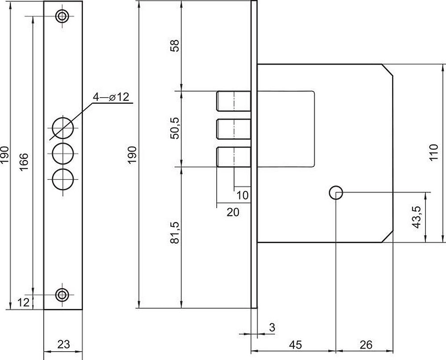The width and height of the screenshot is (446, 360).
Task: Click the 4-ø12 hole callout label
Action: pyautogui.click(x=111, y=97)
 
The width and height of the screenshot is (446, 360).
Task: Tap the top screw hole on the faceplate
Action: pyautogui.click(x=62, y=16)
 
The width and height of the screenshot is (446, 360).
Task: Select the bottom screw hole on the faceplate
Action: pyautogui.click(x=62, y=295)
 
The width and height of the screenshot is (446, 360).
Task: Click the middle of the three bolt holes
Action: pyautogui.click(x=62, y=154)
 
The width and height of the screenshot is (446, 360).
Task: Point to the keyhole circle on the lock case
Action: pyautogui.click(x=336, y=193)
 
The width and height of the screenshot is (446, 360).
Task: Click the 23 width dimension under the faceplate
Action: pyautogui.click(x=63, y=344)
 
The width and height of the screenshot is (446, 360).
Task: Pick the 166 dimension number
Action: pyautogui.click(x=24, y=162)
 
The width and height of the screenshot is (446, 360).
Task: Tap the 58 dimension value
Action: pyautogui.click(x=175, y=45)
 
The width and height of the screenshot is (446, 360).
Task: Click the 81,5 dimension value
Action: pyautogui.click(x=175, y=233)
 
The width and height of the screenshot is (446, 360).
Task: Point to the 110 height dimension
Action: pyautogui.click(x=434, y=152)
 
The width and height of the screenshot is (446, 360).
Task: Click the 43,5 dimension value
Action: pyautogui.click(x=417, y=217)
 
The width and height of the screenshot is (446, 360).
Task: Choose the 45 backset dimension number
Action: pyautogui.click(x=296, y=345)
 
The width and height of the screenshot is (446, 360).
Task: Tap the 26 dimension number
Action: pyautogui.click(x=366, y=345)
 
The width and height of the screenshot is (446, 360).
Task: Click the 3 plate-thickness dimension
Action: pyautogui.click(x=272, y=327)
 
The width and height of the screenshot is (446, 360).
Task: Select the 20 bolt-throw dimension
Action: pyautogui.click(x=233, y=212)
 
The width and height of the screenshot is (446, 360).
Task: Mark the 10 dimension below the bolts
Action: pyautogui.click(x=242, y=196)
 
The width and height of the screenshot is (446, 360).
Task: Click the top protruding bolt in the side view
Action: pyautogui.click(x=234, y=101)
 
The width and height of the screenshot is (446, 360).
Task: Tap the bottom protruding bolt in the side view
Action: pyautogui.click(x=234, y=157)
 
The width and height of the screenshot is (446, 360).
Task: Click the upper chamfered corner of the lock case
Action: pyautogui.click(x=388, y=70)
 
